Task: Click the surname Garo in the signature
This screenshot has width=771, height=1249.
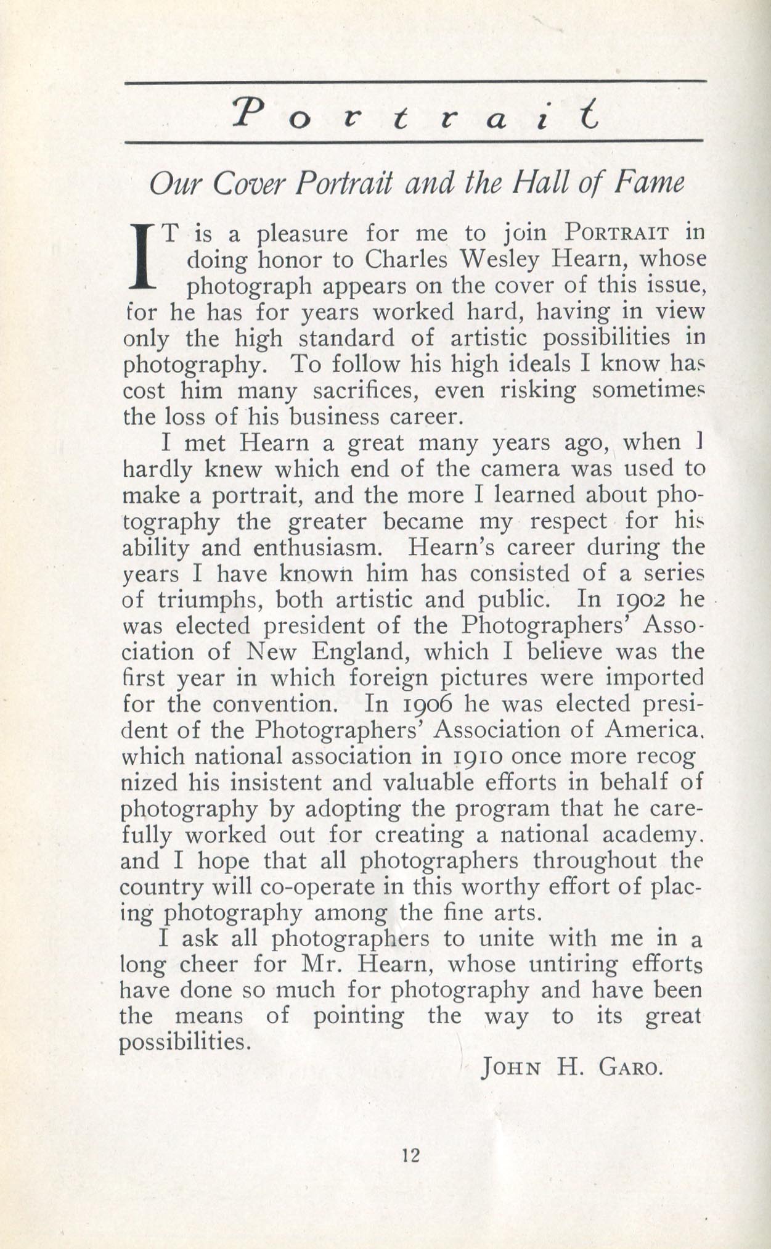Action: coord(629,1066)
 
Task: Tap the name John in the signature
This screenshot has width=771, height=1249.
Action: coord(512,1066)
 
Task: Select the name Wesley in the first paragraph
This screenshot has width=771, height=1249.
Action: coord(501,260)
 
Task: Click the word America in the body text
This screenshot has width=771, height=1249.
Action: coord(652,730)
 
